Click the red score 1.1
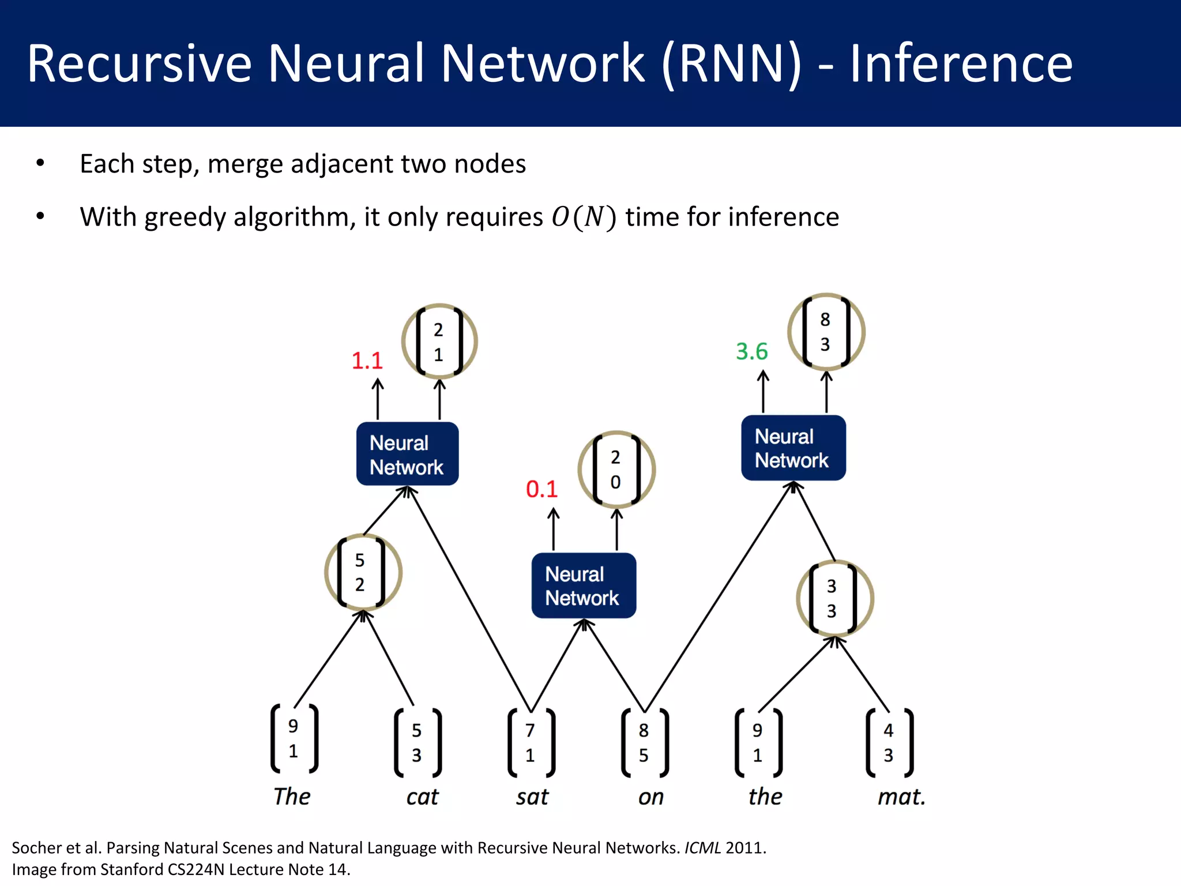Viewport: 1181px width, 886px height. point(367,361)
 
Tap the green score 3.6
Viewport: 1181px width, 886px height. point(751,351)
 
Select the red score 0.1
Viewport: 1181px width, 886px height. point(541,489)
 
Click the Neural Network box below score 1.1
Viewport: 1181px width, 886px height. point(407,455)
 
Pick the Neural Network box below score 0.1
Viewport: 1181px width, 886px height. point(583,585)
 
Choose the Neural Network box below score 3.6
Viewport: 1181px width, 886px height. point(793,448)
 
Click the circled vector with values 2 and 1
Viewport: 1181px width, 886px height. point(439,341)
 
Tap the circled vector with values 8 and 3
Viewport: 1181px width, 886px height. point(826,332)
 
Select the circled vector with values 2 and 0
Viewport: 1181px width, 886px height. point(616,469)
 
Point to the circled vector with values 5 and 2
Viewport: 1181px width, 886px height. point(362,572)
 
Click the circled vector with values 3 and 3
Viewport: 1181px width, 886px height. point(834,598)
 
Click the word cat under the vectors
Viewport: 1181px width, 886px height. point(422,797)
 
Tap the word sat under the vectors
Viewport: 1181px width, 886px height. point(532,797)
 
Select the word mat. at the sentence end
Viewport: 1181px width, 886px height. point(901,797)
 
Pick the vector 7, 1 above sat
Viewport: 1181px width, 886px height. point(531,742)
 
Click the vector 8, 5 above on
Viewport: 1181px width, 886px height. point(644,742)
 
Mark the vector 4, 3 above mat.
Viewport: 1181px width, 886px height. point(889,742)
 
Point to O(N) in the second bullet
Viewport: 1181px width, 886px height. point(584,217)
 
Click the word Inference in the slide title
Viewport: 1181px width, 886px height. point(961,63)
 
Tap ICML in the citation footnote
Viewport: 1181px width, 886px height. point(702,848)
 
